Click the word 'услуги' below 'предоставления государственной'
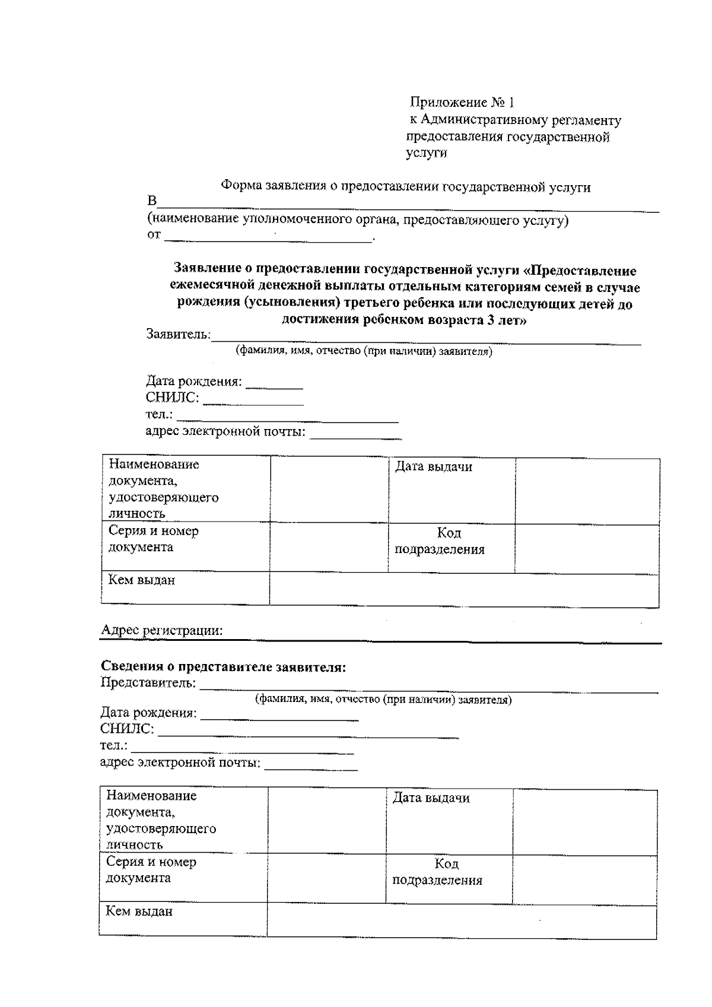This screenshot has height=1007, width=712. pyautogui.click(x=426, y=153)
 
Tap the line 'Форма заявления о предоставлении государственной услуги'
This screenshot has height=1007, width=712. pyautogui.click(x=405, y=187)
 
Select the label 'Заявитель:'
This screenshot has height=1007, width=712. pyautogui.click(x=178, y=334)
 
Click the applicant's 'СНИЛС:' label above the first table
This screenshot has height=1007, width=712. pyautogui.click(x=172, y=398)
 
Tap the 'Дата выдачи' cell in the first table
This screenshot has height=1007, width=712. pyautogui.click(x=434, y=467)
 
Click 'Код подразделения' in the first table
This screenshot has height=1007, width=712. pyautogui.click(x=440, y=541)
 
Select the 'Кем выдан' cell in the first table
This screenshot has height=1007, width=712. pyautogui.click(x=142, y=580)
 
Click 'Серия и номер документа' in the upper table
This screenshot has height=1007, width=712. pyautogui.click(x=153, y=539)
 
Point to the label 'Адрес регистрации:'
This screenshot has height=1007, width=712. pyautogui.click(x=162, y=630)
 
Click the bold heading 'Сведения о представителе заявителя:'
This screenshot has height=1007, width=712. pyautogui.click(x=223, y=667)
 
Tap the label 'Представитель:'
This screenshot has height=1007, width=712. pyautogui.click(x=148, y=683)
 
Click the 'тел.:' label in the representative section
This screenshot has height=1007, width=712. pyautogui.click(x=113, y=746)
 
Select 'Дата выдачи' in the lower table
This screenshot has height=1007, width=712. pyautogui.click(x=431, y=798)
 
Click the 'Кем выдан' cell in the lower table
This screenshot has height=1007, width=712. pyautogui.click(x=139, y=911)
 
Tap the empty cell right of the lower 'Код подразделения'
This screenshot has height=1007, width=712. pyautogui.click(x=584, y=879)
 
